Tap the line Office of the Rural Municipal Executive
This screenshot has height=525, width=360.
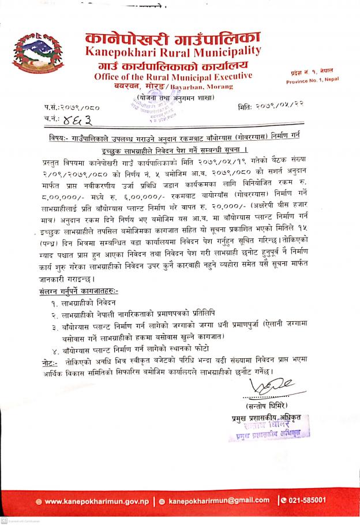pos(172,77)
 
